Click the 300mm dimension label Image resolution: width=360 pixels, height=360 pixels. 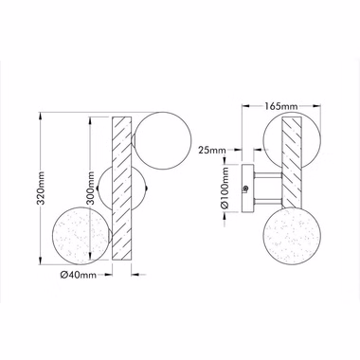(x=91, y=189)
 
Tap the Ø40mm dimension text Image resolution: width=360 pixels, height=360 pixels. (x=79, y=275)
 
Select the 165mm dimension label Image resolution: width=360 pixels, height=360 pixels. (x=280, y=106)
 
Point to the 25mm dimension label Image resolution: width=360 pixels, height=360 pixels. (x=212, y=150)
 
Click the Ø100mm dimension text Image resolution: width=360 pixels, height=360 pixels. (x=225, y=188)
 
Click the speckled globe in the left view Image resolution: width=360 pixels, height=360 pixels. (x=81, y=236)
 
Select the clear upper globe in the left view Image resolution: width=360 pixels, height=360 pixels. (x=163, y=140)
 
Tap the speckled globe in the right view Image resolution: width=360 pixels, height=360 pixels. (x=292, y=236)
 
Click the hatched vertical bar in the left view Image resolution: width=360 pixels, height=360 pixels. (x=121, y=189)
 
